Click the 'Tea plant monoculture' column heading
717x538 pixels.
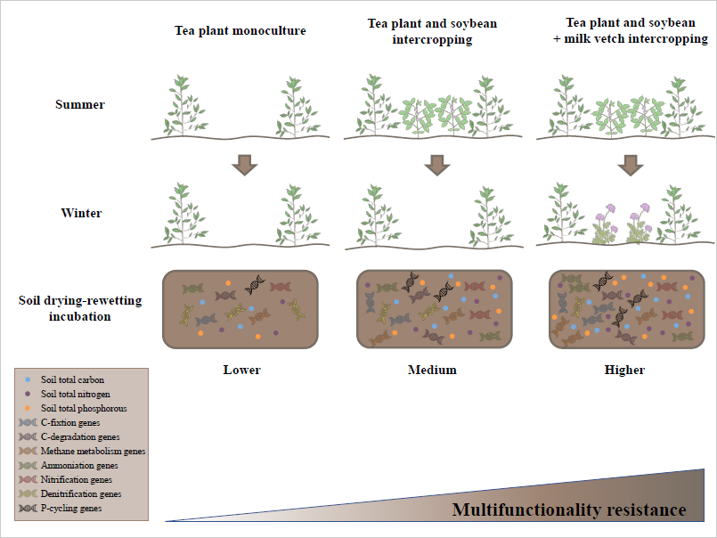[x=240, y=31]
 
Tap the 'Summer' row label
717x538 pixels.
[x=80, y=104]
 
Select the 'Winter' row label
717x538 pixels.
[x=80, y=213]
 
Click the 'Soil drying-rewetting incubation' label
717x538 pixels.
[x=80, y=307]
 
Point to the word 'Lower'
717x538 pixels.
[x=241, y=370]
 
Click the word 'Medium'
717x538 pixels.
[x=435, y=370]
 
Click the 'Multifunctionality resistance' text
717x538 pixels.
[x=569, y=510]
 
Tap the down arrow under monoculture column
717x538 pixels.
[x=242, y=165]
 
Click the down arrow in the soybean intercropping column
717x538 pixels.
[x=436, y=165]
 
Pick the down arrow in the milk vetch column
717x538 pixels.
[x=630, y=165]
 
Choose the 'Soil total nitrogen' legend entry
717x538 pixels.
[x=77, y=394]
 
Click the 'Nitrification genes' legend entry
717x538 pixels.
[x=79, y=479]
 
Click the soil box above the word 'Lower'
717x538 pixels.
[x=241, y=308]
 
